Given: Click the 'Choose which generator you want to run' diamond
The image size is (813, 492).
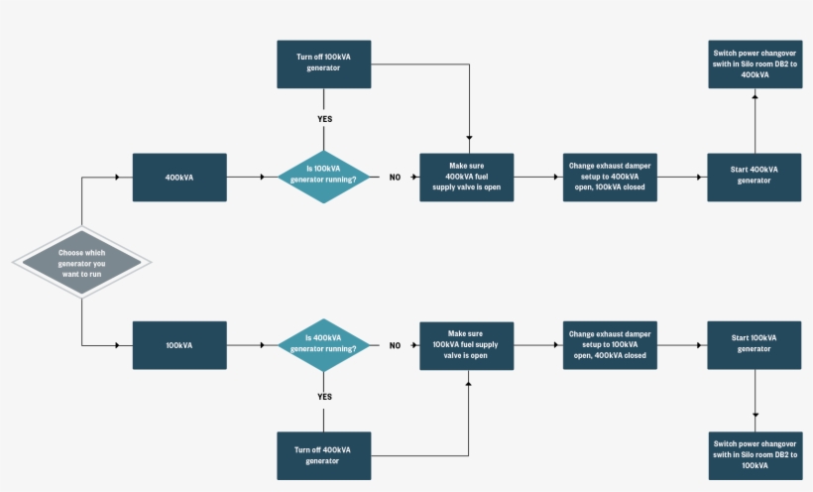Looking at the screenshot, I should coord(81,262).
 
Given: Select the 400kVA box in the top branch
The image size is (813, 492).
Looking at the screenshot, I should coord(179,178).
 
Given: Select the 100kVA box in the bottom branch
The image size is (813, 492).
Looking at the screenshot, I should coord(179,345).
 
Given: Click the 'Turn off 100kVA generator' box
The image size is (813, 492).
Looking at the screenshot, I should coord(323,63).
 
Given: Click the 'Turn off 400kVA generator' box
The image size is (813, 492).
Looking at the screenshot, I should coord(323,455).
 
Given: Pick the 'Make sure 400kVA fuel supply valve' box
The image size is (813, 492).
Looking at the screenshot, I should coord(466,178).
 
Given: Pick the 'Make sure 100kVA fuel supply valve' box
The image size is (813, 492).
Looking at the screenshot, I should coord(466,345).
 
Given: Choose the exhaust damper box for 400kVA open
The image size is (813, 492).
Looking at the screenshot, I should coord(609,178).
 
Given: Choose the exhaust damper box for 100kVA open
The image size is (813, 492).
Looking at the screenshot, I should coord(609,345).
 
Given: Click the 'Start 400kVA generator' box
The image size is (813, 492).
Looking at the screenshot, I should coord(755,178).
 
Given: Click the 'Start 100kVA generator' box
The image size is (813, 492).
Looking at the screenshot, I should coord(755,345).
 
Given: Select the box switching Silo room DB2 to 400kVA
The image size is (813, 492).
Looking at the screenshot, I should coord(755,63).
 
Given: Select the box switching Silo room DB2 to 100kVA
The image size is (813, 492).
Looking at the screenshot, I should coord(755,455).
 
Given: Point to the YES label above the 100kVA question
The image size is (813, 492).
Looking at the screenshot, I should coord(323,119).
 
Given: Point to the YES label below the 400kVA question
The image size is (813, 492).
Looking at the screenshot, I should coord(323,397).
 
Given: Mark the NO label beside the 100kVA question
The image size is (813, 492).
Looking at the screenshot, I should coord(395,178).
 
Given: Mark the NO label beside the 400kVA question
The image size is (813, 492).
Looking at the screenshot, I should coord(395,345).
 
